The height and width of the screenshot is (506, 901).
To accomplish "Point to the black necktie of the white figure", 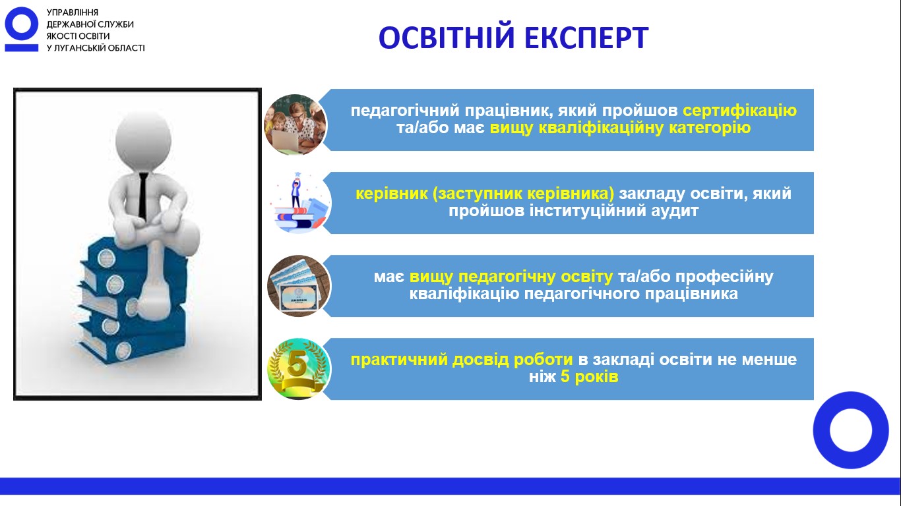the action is tap(142, 196).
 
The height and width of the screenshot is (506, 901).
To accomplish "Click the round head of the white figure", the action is tap(143, 142).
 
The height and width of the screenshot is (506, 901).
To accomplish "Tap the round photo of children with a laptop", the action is tap(295, 124).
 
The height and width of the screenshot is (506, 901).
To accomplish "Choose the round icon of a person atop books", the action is tap(299, 203).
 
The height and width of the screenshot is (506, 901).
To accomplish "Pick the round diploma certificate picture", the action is tap(299, 286).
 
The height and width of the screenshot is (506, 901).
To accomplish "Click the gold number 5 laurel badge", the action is tap(299, 369).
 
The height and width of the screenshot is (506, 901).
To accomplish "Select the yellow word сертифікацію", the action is tap(739, 111).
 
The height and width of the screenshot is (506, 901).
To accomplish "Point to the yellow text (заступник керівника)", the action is tap(523, 194).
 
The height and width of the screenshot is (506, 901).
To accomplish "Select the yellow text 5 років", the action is tap(589, 377).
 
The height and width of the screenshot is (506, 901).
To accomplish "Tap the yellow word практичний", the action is tap(399, 360).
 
